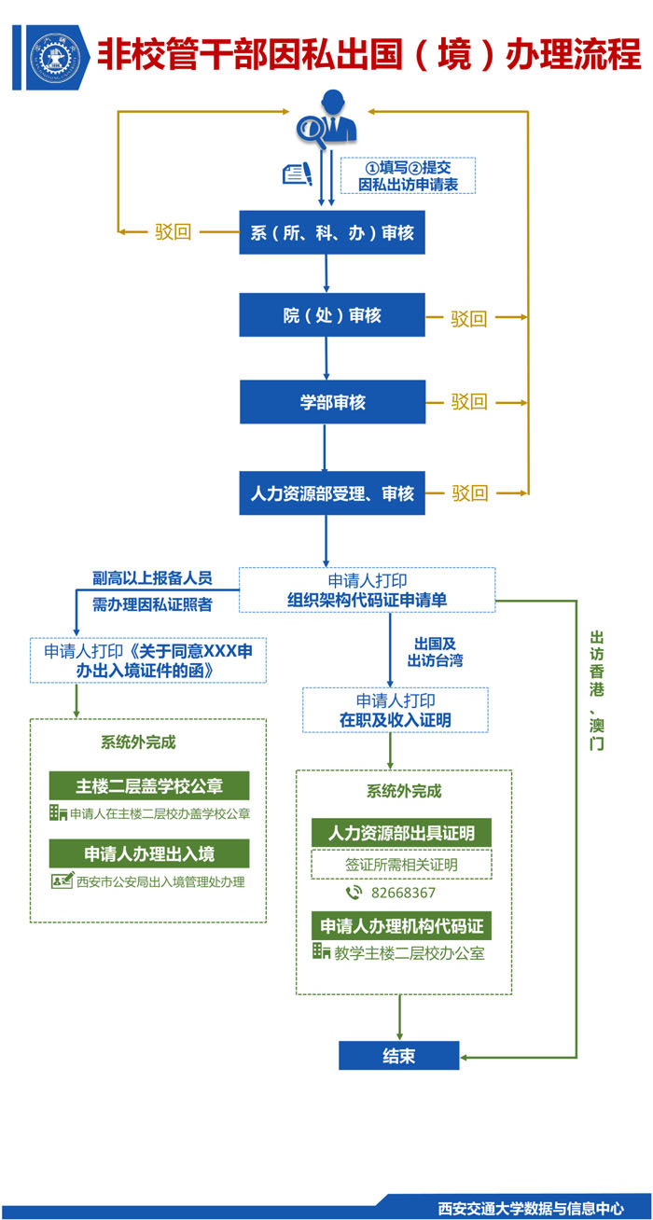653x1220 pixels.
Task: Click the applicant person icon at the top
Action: (326, 118)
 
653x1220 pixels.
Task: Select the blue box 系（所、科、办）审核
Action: (332, 233)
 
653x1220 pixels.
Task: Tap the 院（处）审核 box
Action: (332, 315)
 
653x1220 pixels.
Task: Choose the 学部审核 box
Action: (332, 402)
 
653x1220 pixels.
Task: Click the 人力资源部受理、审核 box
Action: (332, 492)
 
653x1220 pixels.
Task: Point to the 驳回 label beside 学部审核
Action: (470, 402)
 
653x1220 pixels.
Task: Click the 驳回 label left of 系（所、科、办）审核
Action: (173, 232)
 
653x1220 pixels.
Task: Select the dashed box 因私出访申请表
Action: (409, 175)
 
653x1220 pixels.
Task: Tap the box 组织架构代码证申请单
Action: (367, 589)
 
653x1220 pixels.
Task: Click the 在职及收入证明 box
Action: (395, 710)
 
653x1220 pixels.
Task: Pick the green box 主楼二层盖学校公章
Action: (149, 784)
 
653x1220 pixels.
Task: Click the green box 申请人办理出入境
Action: (149, 853)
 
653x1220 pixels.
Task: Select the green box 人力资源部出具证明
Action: (401, 833)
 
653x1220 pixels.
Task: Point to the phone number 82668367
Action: (403, 893)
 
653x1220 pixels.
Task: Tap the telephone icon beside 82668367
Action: (354, 893)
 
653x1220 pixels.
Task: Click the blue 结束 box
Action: (398, 1056)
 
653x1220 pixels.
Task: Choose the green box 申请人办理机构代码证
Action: (401, 925)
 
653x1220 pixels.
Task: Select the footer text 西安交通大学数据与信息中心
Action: (531, 1206)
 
